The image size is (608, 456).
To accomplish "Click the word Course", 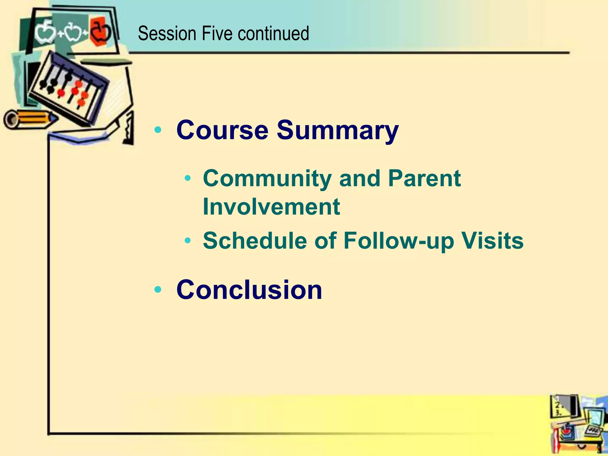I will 222,130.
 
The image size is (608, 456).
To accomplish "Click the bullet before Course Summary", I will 158,130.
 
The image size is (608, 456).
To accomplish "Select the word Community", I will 267,179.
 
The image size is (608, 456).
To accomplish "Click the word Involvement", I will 271,207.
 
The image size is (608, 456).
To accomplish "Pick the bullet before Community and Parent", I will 187,178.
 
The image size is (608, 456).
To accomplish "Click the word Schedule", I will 255,240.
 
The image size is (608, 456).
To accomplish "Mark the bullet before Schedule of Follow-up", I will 187,240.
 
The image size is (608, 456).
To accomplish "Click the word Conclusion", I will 249,290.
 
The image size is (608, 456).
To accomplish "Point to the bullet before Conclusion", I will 158,289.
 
